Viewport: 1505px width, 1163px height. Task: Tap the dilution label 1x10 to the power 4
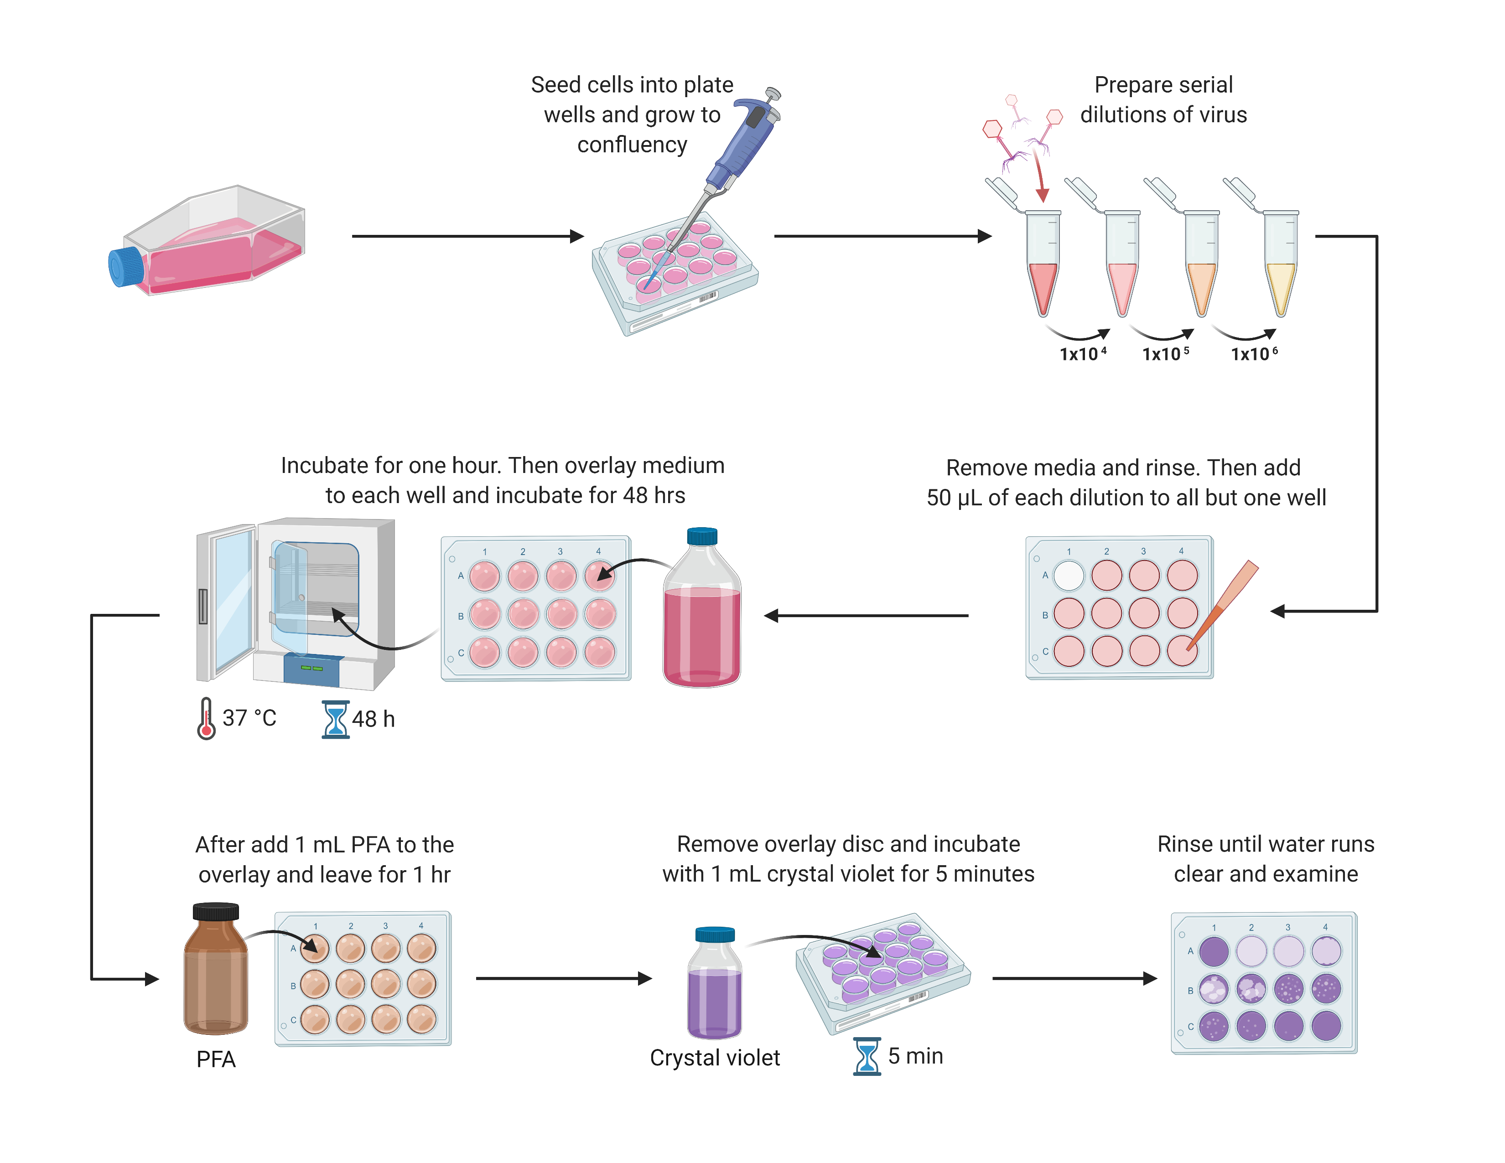[1082, 354]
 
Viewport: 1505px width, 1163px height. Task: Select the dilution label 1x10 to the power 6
[1253, 354]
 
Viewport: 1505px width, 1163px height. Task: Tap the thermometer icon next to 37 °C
[205, 719]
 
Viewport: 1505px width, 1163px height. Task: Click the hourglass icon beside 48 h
[336, 719]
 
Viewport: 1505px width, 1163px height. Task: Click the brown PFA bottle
[216, 971]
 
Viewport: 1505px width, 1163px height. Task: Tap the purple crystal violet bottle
[715, 985]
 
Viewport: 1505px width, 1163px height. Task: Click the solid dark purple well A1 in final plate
[1214, 951]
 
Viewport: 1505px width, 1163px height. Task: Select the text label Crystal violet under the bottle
[715, 1058]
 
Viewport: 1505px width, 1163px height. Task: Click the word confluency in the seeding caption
[632, 145]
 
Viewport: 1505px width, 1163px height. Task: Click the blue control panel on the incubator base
[312, 669]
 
